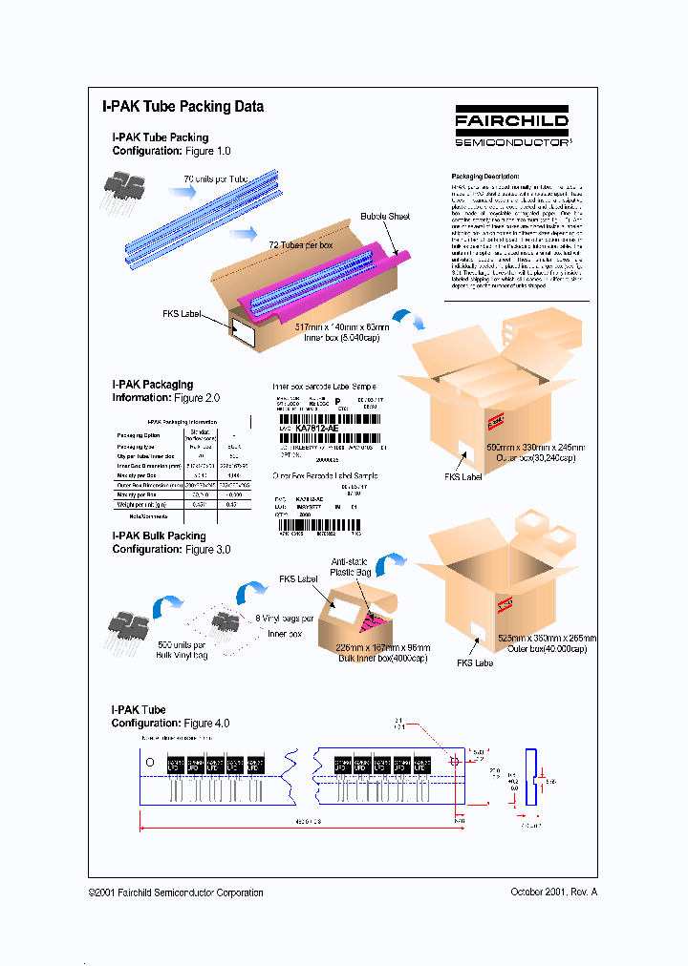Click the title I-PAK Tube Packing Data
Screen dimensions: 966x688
point(183,107)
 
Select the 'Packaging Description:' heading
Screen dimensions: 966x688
point(485,177)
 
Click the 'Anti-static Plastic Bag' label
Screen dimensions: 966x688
point(350,568)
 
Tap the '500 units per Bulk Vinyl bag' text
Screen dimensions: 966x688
point(183,650)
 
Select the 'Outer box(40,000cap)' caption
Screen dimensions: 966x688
point(538,649)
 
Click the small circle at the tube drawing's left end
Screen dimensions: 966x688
point(148,764)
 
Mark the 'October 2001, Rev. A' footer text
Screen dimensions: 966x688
point(553,892)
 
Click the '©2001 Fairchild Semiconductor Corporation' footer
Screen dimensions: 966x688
point(176,892)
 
